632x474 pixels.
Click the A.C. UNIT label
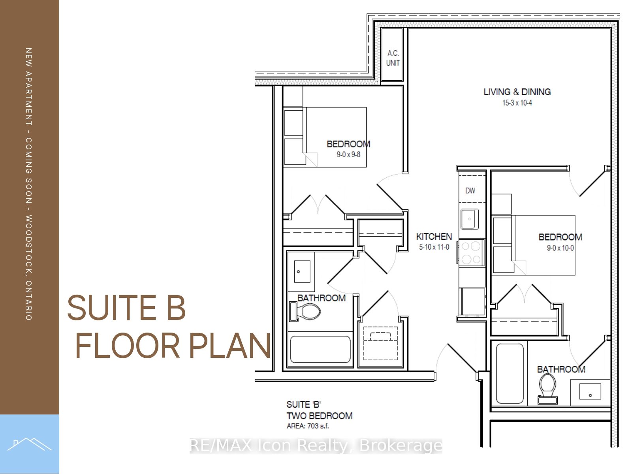click(x=393, y=58)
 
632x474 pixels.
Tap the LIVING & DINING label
click(x=517, y=92)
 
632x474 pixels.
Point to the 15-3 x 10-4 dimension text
click(x=517, y=103)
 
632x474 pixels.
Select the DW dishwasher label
click(x=470, y=190)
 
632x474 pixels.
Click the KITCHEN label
click(x=434, y=237)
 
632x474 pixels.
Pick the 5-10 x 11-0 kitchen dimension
click(x=434, y=247)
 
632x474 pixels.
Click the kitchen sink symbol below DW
click(x=470, y=219)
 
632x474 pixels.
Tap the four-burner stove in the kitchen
click(x=471, y=253)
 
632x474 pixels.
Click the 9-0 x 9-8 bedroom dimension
click(x=348, y=154)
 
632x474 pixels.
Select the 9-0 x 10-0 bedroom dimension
click(x=560, y=248)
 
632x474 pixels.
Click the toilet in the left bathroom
click(x=305, y=311)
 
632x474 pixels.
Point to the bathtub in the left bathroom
click(x=320, y=350)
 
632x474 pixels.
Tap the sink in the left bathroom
click(x=302, y=271)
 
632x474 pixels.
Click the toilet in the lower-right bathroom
click(x=547, y=389)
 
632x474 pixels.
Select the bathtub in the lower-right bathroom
click(x=510, y=374)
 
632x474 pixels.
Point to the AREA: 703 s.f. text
click(x=307, y=426)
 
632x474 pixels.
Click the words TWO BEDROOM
click(x=320, y=416)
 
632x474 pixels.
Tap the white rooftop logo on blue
click(x=29, y=444)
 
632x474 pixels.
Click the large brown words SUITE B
click(x=126, y=308)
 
